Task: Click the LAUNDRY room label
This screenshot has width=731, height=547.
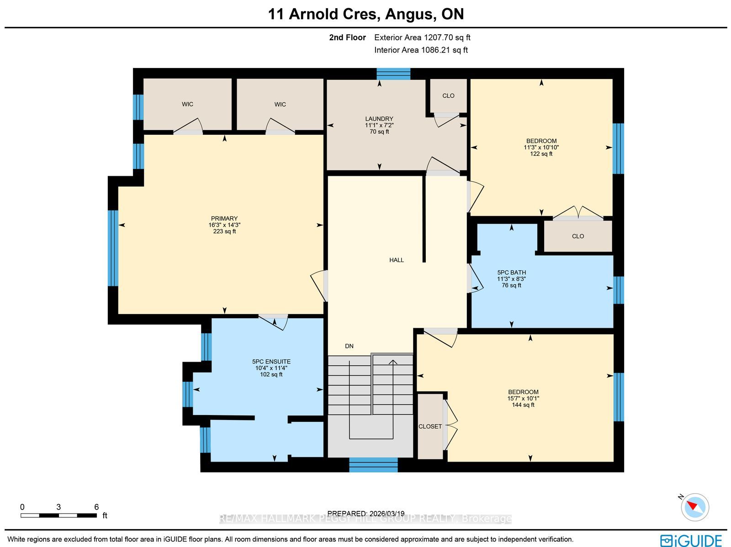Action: [379, 119]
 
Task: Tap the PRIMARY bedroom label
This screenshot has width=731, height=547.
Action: [224, 219]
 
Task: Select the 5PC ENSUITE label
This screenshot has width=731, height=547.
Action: [271, 362]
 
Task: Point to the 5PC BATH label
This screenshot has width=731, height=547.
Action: [512, 273]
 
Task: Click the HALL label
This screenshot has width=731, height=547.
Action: [396, 260]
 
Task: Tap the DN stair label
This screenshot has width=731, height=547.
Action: [349, 346]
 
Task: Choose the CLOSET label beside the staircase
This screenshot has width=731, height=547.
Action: [430, 426]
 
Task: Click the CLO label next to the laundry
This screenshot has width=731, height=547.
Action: [448, 96]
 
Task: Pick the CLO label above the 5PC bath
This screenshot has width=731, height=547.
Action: [578, 236]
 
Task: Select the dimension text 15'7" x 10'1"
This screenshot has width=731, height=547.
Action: [523, 399]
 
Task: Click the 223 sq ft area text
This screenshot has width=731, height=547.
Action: [224, 231]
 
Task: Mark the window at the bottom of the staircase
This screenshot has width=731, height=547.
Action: [373, 465]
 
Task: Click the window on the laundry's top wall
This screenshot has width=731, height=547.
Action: [393, 74]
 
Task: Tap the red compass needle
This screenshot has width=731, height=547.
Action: [692, 506]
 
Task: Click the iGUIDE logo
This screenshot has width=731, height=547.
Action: [691, 540]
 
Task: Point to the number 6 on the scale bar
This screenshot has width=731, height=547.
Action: [96, 507]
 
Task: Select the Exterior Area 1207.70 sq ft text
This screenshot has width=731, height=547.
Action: [422, 37]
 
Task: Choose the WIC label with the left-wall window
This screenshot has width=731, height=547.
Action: [187, 105]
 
